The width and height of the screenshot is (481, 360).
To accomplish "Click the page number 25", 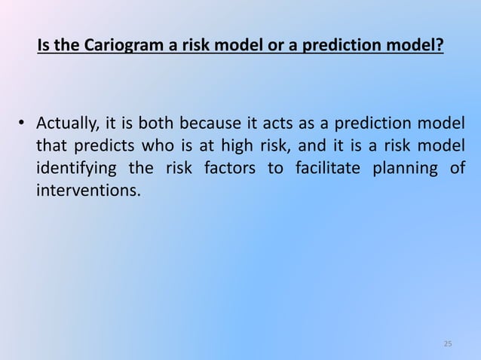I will (448, 344).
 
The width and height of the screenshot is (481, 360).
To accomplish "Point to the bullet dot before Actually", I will (23, 124).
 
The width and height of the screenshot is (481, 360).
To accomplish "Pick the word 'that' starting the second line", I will (51, 145).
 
